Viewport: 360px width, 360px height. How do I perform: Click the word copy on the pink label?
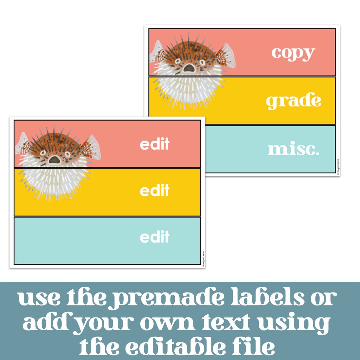(293, 53)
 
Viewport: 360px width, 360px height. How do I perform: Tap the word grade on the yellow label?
(294, 101)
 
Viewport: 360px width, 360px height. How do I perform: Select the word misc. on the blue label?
(294, 149)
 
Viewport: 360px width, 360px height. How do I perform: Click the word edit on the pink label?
(155, 144)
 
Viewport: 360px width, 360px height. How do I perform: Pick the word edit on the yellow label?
(155, 191)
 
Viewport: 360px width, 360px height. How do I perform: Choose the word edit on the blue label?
(155, 237)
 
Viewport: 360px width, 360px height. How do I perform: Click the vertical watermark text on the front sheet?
(203, 258)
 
